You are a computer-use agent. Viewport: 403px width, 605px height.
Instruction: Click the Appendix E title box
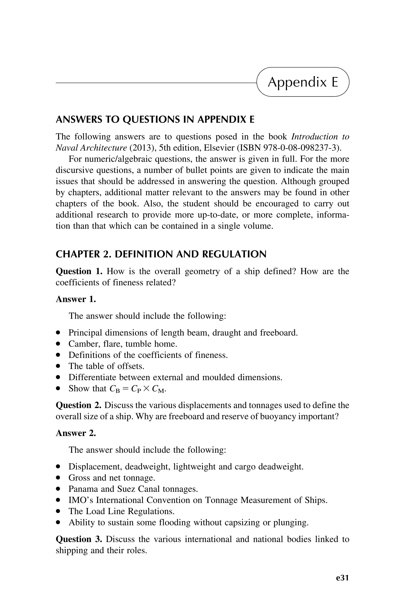tap(303, 82)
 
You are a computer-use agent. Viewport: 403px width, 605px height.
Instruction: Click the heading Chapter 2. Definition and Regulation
tap(161, 254)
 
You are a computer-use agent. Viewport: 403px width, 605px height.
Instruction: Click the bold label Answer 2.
tap(76, 433)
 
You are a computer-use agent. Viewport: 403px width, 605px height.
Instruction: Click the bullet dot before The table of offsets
tap(59, 366)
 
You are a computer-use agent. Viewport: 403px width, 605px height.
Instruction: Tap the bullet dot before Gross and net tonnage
tap(59, 478)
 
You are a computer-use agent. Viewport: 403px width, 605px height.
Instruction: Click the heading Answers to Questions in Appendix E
tap(155, 120)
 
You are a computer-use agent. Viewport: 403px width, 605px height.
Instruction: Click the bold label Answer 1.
tap(76, 299)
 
